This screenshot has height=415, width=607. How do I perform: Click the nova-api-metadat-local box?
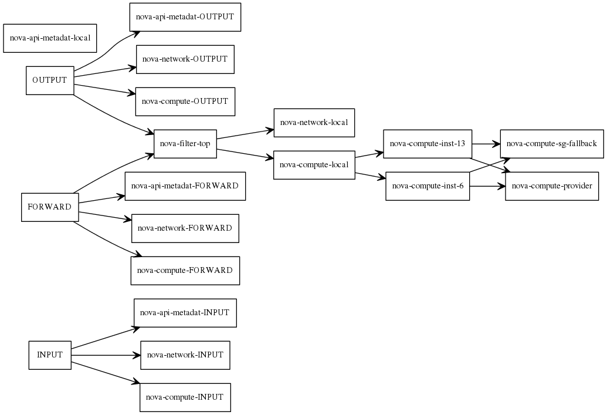coord(50,38)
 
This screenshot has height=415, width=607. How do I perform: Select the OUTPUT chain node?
coord(50,80)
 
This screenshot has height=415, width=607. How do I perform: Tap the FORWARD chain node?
coord(50,207)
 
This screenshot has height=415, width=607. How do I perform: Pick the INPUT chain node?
coord(50,355)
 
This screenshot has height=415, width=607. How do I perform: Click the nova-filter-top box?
coord(185,144)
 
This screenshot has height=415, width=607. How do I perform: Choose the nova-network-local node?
coord(314,123)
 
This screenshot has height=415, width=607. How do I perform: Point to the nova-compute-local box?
coord(314,165)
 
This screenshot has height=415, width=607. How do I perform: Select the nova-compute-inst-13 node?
coord(428,144)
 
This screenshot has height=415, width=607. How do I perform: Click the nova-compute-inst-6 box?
coord(428,186)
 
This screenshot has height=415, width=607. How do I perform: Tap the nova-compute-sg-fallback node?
coord(552,144)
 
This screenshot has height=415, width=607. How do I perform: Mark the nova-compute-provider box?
coord(552,186)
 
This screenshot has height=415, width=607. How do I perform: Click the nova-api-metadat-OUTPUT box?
coord(185,17)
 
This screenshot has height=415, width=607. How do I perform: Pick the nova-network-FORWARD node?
coord(185,228)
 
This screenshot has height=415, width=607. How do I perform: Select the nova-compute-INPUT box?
coord(185,397)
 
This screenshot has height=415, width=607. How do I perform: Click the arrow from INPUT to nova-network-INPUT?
coord(106,355)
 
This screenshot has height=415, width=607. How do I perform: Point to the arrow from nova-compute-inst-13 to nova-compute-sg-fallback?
coord(486,144)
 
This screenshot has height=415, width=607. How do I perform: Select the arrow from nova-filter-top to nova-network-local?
coord(245,134)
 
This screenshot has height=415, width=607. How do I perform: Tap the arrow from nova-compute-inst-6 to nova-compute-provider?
coord(488,186)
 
